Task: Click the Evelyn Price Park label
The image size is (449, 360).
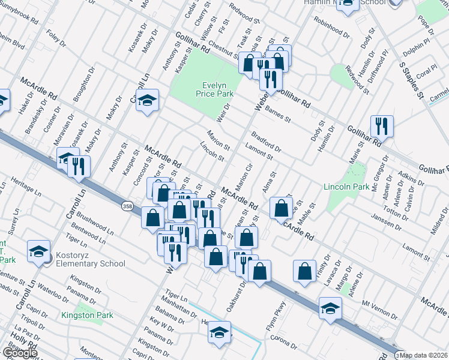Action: tap(217, 89)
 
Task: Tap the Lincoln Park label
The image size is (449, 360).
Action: tap(346, 187)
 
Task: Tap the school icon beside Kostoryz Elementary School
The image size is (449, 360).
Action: tap(38, 252)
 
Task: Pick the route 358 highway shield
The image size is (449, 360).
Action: tap(127, 205)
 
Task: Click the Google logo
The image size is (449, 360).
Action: tap(19, 353)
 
